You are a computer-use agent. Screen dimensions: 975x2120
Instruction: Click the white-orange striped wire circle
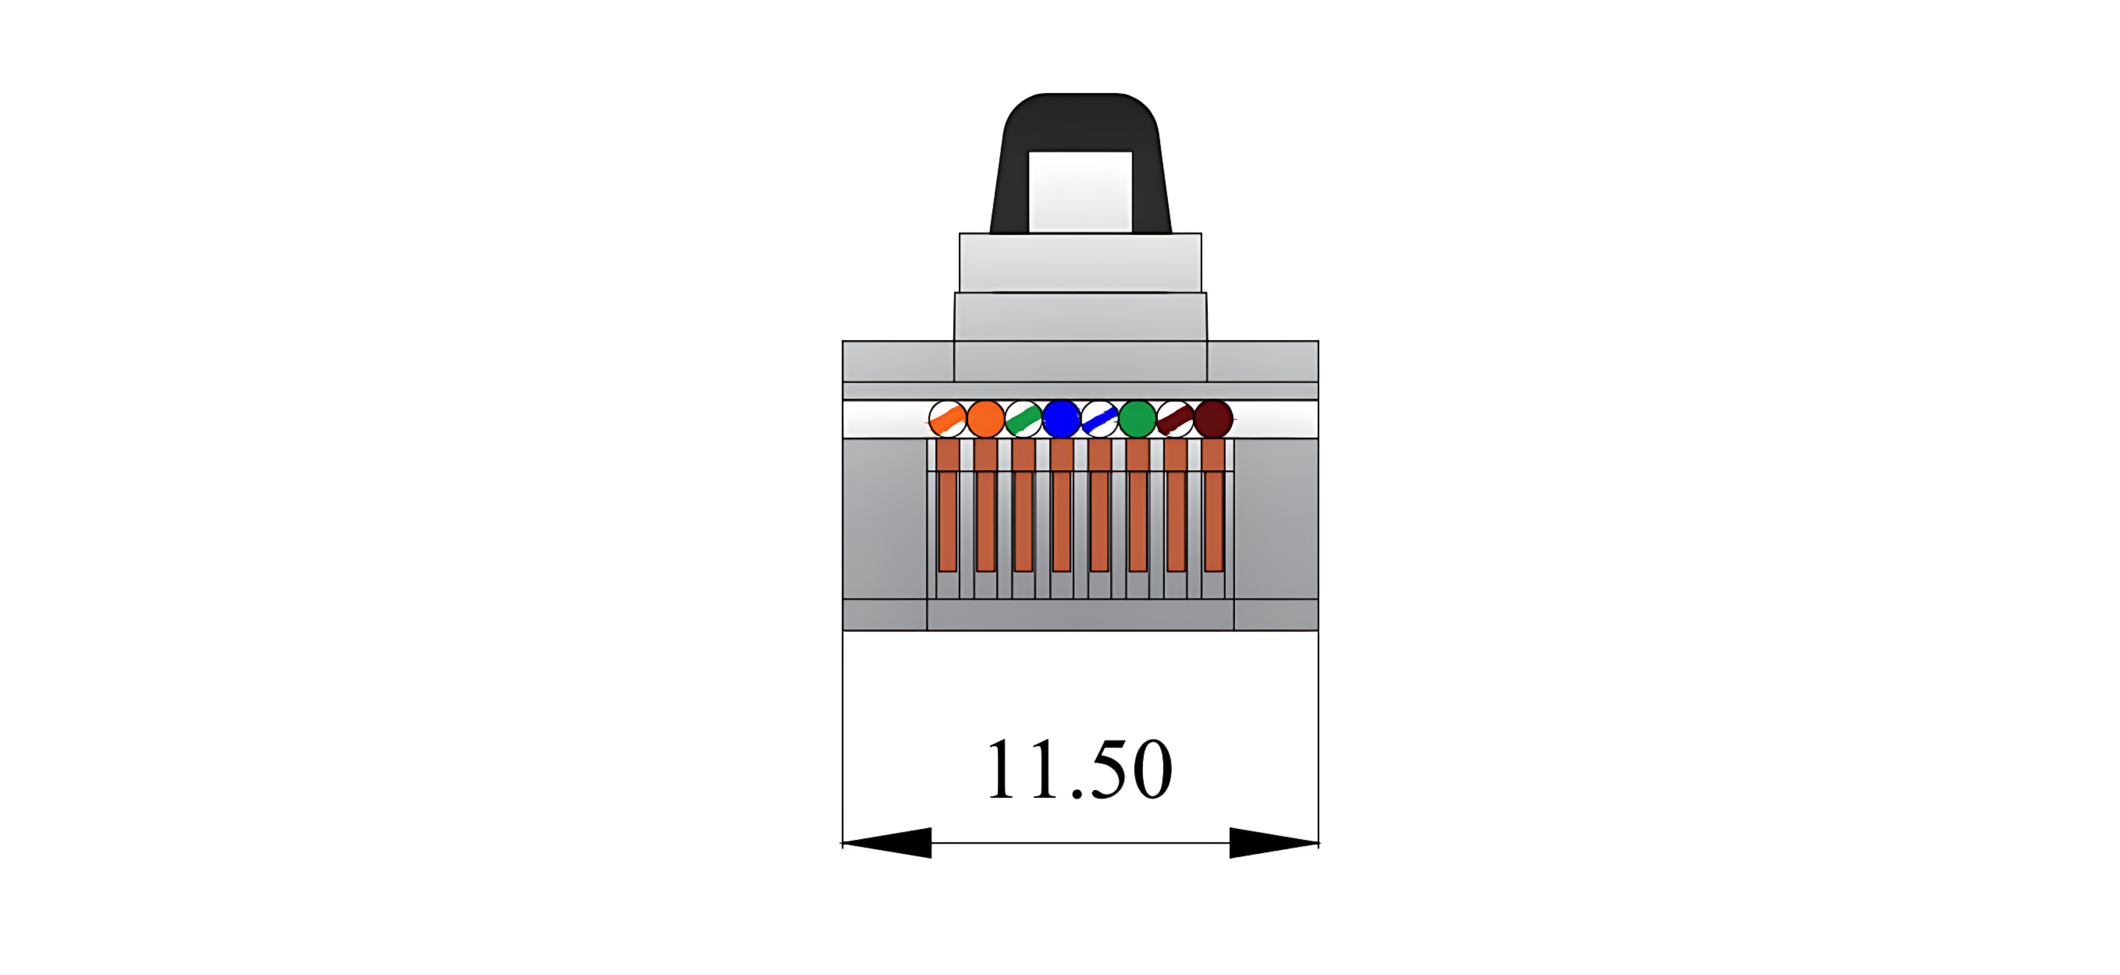tap(947, 419)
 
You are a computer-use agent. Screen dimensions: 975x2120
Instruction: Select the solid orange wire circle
tap(985, 419)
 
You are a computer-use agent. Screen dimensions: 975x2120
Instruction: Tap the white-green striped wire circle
tap(1023, 419)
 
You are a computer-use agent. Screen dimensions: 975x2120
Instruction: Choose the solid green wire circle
tap(1137, 419)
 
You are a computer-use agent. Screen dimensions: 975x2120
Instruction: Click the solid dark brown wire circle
tap(1213, 419)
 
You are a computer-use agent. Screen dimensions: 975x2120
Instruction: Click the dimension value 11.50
tap(1079, 769)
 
